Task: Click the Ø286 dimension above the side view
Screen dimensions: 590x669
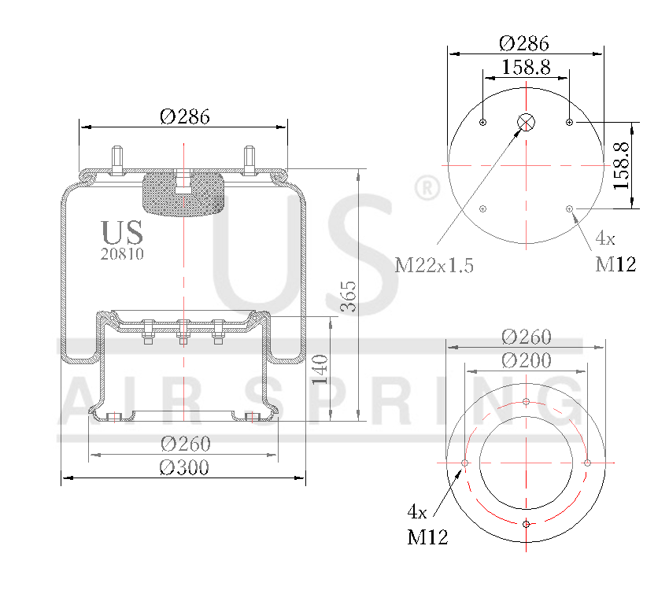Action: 185,116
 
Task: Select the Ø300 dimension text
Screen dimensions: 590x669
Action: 185,467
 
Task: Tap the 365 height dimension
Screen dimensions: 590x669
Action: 348,295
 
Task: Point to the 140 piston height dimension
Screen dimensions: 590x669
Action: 320,369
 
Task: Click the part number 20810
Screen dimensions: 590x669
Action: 122,254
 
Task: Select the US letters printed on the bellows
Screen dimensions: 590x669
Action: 122,232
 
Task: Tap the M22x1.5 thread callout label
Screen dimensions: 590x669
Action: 434,265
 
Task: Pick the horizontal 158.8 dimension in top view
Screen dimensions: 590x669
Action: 526,67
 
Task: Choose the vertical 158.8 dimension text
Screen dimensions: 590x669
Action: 621,165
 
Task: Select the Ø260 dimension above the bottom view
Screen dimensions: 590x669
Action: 526,337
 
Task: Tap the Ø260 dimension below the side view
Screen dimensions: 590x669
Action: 185,444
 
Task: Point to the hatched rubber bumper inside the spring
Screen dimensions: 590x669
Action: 183,194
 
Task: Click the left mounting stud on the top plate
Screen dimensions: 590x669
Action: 118,162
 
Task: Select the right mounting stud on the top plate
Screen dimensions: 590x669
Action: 249,162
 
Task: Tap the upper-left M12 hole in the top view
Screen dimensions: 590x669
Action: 483,122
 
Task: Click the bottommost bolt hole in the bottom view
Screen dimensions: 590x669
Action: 526,524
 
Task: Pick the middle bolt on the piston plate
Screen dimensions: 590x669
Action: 183,331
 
